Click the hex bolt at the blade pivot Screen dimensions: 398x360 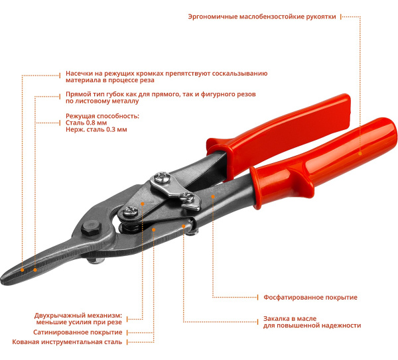click(92, 228)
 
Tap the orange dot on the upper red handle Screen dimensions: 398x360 click(360, 154)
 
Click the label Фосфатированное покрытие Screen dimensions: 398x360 click(310, 297)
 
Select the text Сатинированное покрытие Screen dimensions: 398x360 click(78, 332)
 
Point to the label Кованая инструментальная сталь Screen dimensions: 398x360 click(67, 342)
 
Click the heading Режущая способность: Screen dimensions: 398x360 click(103, 116)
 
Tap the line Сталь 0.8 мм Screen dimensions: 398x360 click(86, 123)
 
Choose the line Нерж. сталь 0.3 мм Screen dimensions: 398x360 click(96, 130)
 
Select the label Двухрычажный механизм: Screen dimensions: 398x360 click(78, 316)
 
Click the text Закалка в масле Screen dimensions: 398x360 click(290, 319)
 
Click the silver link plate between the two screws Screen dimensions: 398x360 click(168, 186)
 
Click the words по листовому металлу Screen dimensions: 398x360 click(102, 101)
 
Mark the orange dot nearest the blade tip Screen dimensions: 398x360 click(23, 270)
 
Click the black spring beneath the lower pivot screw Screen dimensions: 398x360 click(129, 226)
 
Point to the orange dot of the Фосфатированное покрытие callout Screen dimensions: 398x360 click(213, 197)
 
